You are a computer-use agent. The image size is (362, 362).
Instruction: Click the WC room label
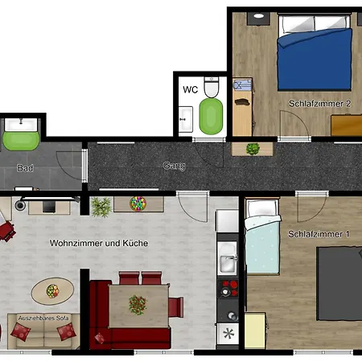point(190,89)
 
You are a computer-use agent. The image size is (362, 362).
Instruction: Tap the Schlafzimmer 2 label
point(320,104)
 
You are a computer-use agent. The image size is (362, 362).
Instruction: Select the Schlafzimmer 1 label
point(319,234)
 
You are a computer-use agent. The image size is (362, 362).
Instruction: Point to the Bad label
point(25,168)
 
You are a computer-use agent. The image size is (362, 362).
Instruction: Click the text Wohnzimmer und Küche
point(99,242)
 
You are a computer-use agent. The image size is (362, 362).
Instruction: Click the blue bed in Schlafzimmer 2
point(315,60)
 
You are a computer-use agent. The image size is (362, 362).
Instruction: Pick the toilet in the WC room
point(212,86)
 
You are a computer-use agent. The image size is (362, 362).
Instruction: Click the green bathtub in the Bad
point(20,138)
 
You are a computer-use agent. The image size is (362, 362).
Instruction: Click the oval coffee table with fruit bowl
point(53,288)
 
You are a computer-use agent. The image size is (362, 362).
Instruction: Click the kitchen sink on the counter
point(228,261)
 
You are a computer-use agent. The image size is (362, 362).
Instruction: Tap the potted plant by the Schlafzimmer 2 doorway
point(253,149)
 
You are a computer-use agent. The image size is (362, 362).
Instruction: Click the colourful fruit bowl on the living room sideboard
point(137,202)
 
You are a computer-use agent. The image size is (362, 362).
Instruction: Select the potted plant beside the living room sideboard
point(101,207)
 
